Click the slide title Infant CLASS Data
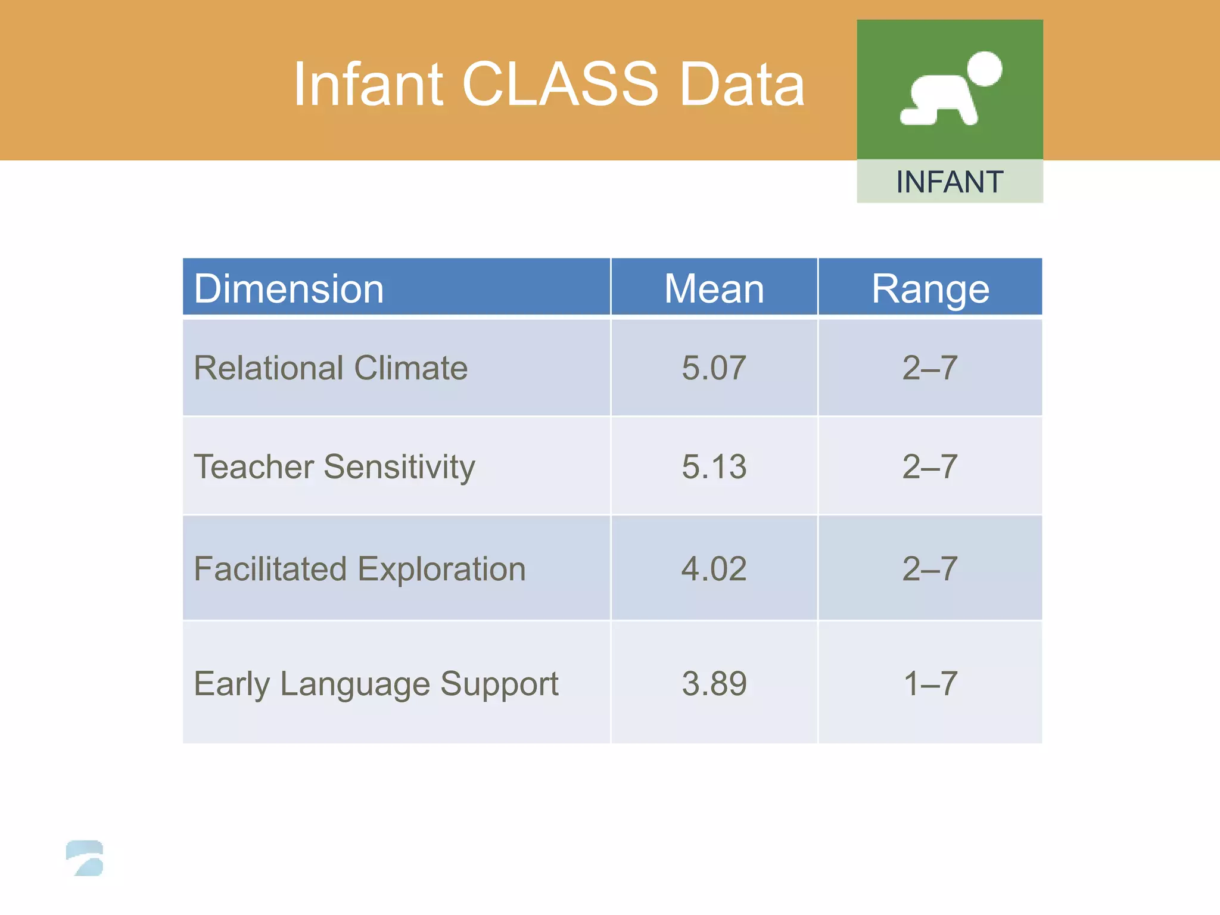click(549, 85)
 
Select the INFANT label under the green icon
click(950, 182)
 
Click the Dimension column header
click(289, 289)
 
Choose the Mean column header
click(714, 289)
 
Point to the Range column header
click(930, 289)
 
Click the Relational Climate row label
click(331, 368)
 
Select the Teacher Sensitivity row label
click(334, 466)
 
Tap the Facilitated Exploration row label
click(360, 569)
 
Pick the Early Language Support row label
click(376, 683)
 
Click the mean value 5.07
click(714, 368)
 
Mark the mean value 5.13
click(714, 466)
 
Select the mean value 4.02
click(714, 569)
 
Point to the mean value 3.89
click(714, 683)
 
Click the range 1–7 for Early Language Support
click(930, 683)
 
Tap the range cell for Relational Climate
click(930, 368)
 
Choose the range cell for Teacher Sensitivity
click(930, 466)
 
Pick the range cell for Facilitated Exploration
click(930, 569)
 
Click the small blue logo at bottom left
click(85, 858)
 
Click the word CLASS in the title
click(560, 85)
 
